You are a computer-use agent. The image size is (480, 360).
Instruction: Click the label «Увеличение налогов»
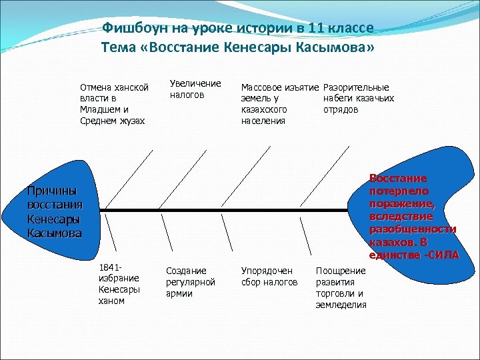coord(195,89)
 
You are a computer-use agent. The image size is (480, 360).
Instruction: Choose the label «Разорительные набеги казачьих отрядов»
coord(358,98)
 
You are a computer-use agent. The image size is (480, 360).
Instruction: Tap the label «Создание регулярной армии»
coord(190,282)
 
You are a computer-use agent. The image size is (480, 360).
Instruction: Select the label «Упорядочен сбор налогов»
coord(269,277)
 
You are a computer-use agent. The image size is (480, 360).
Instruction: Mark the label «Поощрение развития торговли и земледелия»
coord(341,287)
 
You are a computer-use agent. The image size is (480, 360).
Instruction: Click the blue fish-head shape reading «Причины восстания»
coord(50,210)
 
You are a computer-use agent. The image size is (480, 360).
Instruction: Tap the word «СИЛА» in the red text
coord(444,255)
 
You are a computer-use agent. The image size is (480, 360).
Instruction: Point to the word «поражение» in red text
coord(401,204)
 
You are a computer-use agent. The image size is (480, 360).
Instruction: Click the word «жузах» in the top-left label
coord(129,121)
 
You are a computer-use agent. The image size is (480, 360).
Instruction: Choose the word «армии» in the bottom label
coord(179,294)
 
